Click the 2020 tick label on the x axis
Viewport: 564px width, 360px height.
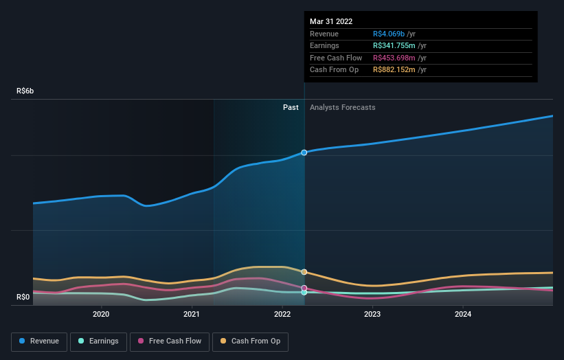[101, 315]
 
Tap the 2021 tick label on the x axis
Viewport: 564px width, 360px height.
[192, 315]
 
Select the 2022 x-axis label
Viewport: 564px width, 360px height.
[282, 315]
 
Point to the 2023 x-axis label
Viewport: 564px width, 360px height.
[372, 315]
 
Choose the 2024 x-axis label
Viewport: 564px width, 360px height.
[463, 315]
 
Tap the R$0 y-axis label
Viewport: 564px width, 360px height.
[23, 297]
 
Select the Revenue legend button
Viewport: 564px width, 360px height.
[39, 341]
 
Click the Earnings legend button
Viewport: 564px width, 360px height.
[98, 341]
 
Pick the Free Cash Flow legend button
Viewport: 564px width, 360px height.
[170, 341]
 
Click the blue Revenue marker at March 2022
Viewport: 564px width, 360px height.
[304, 153]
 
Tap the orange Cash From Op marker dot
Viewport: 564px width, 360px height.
[304, 272]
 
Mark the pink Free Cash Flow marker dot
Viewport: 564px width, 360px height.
[304, 288]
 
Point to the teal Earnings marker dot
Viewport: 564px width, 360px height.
[304, 293]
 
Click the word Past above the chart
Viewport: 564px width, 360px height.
[291, 107]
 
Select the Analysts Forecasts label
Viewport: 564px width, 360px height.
[342, 107]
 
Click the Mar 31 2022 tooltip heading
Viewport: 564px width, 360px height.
[331, 21]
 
